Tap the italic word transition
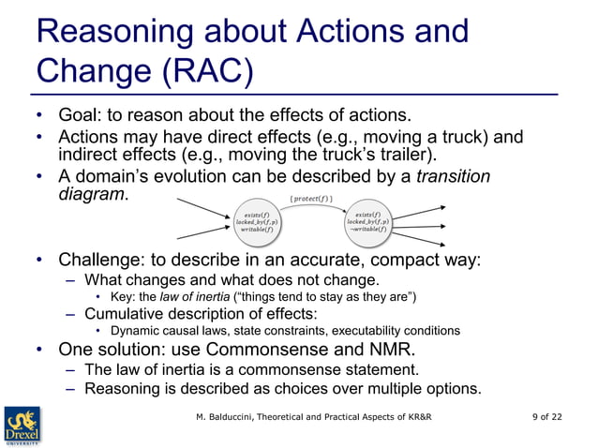click(453, 177)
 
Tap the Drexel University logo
click(22, 421)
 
